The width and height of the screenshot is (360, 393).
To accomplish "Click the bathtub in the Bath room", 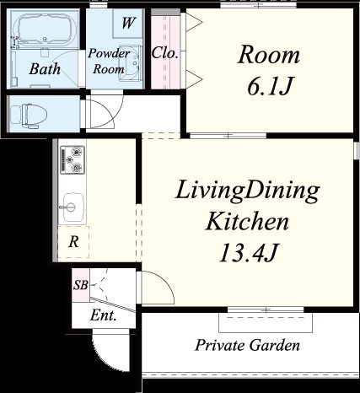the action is tap(45, 30).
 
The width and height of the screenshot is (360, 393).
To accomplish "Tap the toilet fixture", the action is tap(28, 116).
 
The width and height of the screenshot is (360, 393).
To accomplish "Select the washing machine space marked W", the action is tap(127, 23).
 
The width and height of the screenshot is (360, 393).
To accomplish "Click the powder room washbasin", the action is tap(130, 63).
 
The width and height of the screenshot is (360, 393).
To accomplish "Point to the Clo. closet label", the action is tap(165, 52).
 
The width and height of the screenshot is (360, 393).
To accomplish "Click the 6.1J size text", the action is tap(270, 86).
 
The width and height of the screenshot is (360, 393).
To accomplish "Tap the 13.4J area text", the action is tap(249, 252).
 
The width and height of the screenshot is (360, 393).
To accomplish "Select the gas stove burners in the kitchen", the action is tap(73, 159).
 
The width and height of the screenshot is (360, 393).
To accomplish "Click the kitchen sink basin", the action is tap(73, 207).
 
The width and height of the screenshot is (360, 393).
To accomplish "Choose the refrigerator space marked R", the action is tap(73, 241).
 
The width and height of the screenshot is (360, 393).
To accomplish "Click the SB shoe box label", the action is tap(81, 285).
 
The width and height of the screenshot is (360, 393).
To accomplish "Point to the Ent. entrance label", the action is tap(103, 315).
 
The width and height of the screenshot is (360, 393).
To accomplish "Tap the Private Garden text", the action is tap(248, 345).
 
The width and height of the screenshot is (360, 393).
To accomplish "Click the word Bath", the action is tap(45, 69).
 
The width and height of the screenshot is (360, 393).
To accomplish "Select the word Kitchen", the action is tap(247, 222).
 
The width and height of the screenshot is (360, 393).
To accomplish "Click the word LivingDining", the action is tap(247, 191).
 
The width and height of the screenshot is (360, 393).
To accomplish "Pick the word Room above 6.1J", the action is tap(269, 55).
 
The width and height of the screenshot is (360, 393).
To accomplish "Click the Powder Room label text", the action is tap(109, 62).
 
